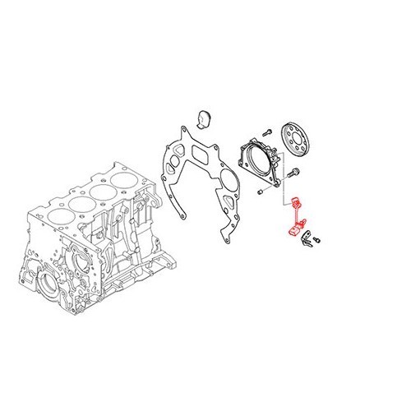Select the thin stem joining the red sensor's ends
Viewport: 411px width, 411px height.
tap(293, 218)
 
